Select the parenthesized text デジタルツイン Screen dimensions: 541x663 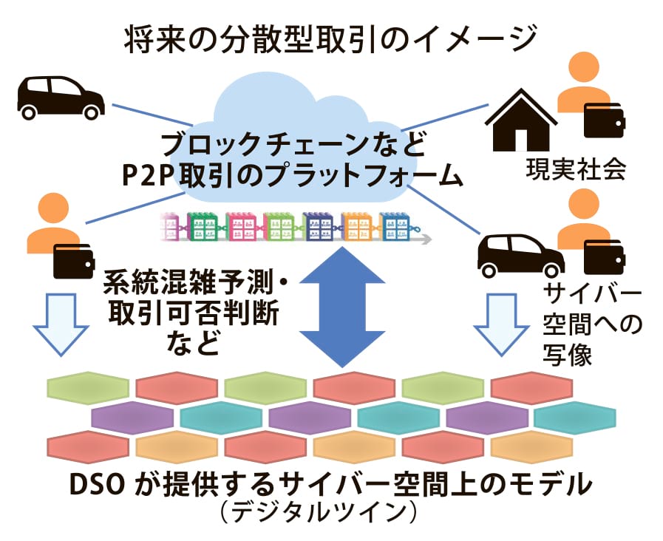click(324, 513)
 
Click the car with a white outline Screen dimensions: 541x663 click(520, 254)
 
